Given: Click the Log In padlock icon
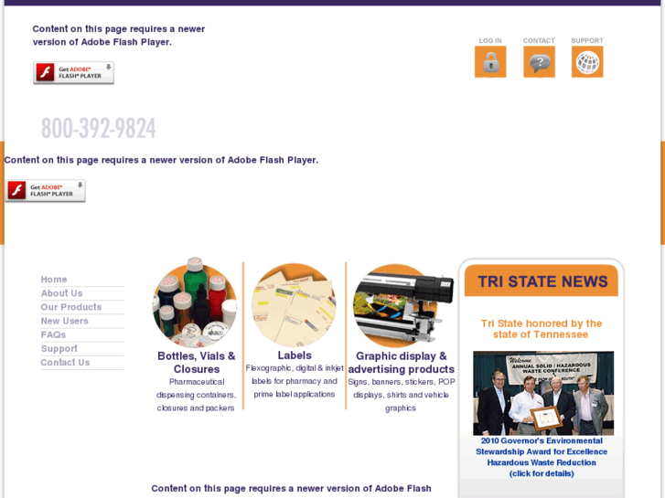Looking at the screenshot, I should click(x=490, y=62).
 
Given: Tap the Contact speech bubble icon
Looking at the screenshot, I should click(x=539, y=62).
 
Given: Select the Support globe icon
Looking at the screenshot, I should click(x=587, y=62).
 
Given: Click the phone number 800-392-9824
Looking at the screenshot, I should click(x=98, y=128).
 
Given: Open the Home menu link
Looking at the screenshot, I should click(x=54, y=280).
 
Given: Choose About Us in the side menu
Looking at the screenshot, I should click(x=61, y=293).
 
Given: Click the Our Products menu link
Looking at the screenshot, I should click(x=70, y=307).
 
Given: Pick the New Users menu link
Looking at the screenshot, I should click(x=64, y=321).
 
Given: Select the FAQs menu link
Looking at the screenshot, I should click(x=53, y=334).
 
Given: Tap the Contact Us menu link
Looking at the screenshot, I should click(x=65, y=363).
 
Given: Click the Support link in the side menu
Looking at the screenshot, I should click(x=59, y=349).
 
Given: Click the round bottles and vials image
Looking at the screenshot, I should click(x=194, y=304).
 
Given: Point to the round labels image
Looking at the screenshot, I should click(x=294, y=305).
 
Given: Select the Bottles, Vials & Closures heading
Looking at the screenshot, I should click(x=197, y=362).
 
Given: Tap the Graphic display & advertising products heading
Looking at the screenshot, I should click(x=401, y=363).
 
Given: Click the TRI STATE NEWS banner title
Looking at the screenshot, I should click(x=542, y=281).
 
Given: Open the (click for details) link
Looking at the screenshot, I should click(x=542, y=473).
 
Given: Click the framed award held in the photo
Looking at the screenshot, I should click(x=547, y=419).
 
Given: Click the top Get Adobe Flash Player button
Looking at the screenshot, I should click(x=73, y=73).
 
